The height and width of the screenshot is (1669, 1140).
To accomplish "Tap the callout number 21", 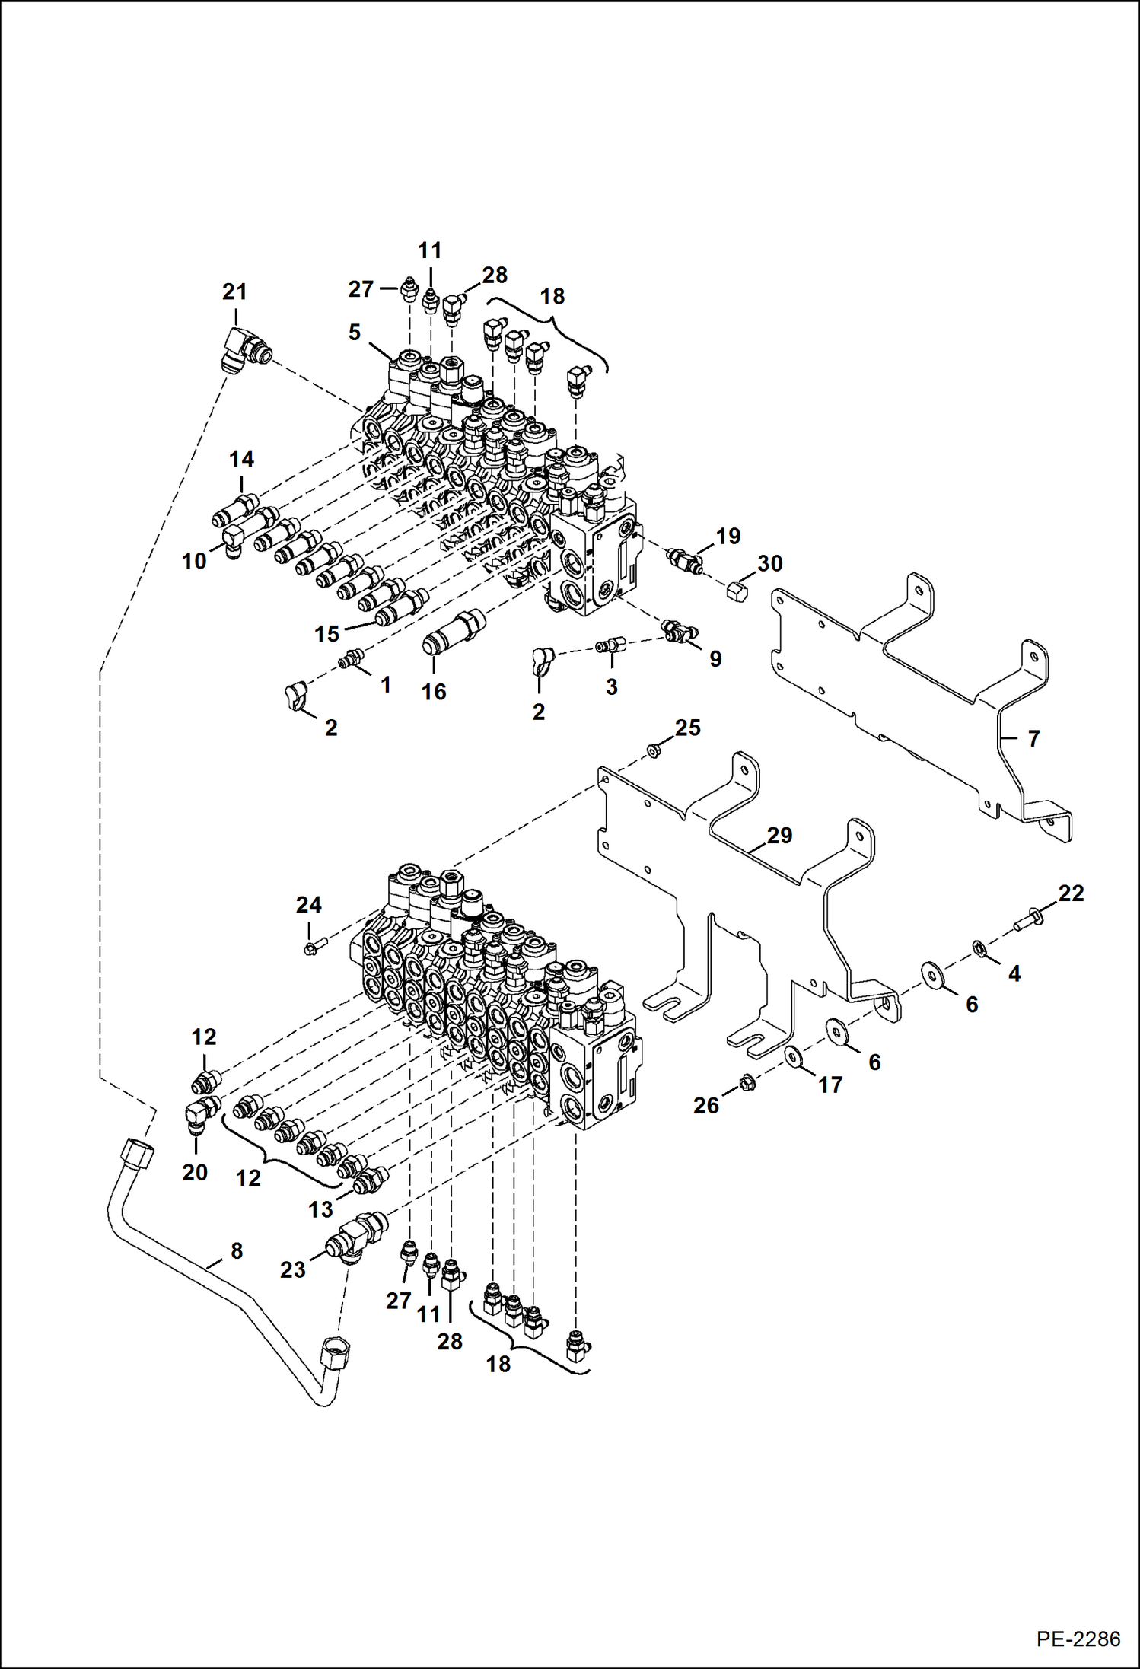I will click(x=234, y=291).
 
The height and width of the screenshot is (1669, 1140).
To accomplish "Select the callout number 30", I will click(x=769, y=563).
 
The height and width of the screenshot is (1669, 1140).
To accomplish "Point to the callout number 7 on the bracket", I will click(x=1033, y=738).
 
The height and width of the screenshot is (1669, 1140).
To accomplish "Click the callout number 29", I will click(x=779, y=835).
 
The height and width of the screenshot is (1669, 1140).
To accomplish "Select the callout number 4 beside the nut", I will click(x=1014, y=973).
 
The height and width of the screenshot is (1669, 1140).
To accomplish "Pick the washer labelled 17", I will click(x=793, y=1056).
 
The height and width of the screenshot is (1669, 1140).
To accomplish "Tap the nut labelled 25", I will click(x=653, y=752).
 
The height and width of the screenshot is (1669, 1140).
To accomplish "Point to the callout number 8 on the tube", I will click(x=237, y=1250).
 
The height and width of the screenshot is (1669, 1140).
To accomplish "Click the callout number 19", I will click(x=728, y=536).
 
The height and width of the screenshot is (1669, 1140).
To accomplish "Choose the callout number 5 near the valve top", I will click(x=354, y=332).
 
